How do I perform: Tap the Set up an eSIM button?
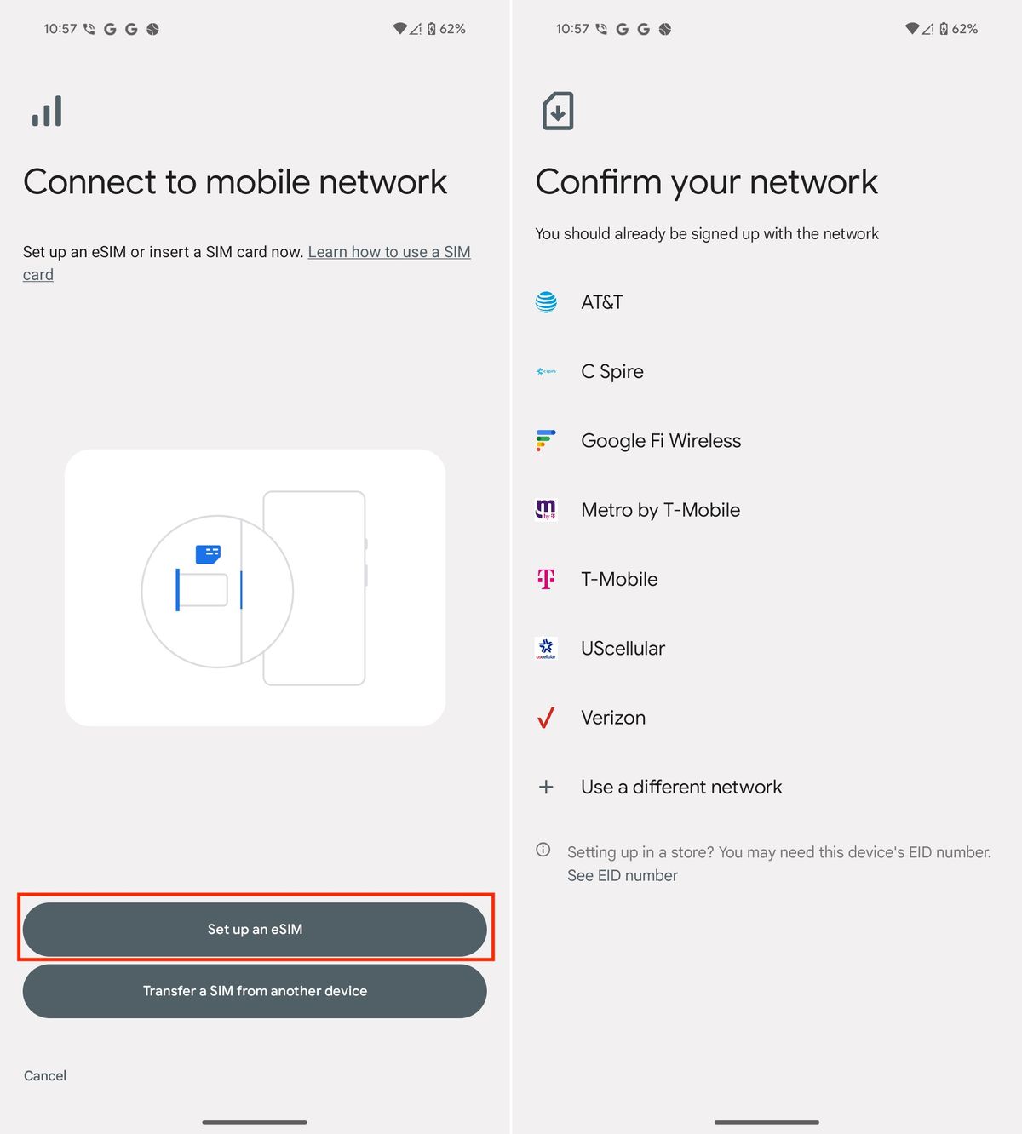255,929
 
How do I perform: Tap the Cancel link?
45,1075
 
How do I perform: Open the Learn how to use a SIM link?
388,252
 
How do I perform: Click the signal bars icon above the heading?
47,112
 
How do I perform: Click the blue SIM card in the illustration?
208,554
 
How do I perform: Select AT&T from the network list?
601,302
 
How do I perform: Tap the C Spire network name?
611,371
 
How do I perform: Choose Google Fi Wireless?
660,441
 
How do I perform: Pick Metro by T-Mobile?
660,510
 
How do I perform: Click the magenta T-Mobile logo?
546,579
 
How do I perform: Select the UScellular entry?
623,648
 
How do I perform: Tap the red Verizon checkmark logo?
546,718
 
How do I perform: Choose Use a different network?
680,787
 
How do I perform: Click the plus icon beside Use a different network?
546,787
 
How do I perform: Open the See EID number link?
623,875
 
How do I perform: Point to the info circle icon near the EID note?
543,850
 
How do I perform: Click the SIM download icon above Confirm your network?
558,112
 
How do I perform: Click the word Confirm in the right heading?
598,182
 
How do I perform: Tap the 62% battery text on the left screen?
452,29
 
